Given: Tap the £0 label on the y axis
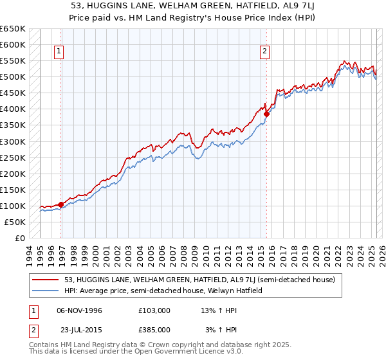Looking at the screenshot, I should click(20, 238).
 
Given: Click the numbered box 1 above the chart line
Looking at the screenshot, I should click(59, 53).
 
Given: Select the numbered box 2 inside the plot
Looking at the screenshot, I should click(265, 53).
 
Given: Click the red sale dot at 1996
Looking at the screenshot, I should click(61, 204).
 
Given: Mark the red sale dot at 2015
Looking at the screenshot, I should click(266, 114).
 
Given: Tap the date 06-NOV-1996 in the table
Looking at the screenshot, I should click(80, 310).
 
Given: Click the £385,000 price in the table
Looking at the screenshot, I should click(154, 329).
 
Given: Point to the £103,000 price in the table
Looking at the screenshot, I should click(154, 310).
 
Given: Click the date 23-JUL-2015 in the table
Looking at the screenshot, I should click(80, 329).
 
